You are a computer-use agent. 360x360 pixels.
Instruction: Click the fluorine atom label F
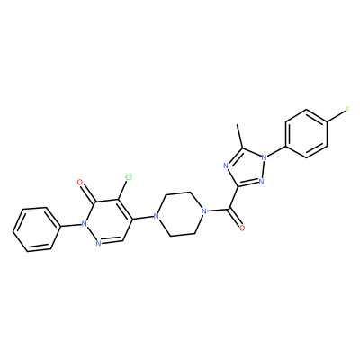point(347,109)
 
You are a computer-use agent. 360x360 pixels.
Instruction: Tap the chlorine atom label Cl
point(129,177)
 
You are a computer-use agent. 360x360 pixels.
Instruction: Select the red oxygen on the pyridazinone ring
point(80,182)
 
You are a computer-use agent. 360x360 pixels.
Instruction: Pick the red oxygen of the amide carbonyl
point(242,229)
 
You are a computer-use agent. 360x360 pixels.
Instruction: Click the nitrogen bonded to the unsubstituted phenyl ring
point(85,223)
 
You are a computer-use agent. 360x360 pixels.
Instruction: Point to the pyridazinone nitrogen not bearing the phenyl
point(98,243)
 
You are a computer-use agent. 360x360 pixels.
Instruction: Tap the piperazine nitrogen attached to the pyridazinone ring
point(155,216)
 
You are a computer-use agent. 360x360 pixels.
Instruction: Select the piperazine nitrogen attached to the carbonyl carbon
point(204,211)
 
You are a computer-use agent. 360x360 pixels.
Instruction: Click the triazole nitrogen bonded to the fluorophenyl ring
point(264,157)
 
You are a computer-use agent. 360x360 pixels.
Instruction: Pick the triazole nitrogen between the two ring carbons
point(226,166)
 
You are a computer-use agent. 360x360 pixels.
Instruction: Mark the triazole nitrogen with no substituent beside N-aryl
point(261,181)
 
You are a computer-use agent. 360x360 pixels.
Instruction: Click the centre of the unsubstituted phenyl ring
point(35,229)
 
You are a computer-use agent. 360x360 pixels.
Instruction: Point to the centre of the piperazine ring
point(180,214)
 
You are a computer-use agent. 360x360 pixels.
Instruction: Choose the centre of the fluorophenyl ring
point(307,133)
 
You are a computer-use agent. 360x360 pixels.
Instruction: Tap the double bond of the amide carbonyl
point(235,218)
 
